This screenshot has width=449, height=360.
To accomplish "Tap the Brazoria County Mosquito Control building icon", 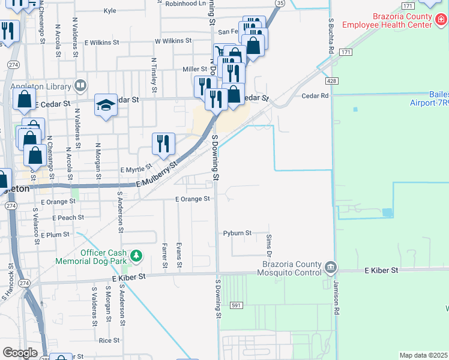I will tap(330, 266).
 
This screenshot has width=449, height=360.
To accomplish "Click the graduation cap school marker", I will tap(106, 106).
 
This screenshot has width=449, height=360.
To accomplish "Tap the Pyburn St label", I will tap(237, 233).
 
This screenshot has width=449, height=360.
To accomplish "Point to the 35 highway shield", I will tap(280, 3).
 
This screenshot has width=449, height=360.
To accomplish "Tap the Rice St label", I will tap(109, 340).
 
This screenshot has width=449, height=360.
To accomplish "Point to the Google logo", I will tap(20, 353).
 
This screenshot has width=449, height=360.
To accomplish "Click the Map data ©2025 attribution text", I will tap(423, 355).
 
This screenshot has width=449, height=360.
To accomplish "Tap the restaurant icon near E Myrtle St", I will tap(163, 143).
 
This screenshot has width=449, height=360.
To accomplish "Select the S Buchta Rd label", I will tap(331, 36).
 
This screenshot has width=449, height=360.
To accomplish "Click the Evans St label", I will tap(179, 254).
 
